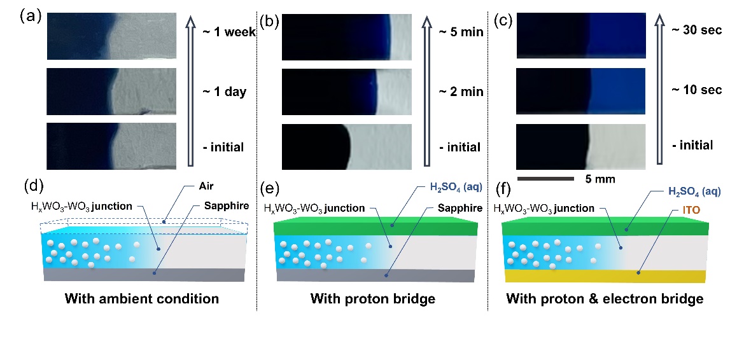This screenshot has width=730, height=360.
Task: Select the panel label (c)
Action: click(x=502, y=20)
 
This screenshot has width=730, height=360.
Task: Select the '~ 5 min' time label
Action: click(x=461, y=31)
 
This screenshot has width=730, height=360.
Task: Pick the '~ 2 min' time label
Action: click(x=461, y=92)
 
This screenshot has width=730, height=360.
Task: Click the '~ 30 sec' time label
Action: click(x=697, y=30)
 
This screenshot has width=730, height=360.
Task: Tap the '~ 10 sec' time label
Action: click(x=697, y=90)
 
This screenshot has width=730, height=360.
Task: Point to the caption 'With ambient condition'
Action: click(x=146, y=298)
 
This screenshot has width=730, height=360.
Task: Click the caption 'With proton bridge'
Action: click(x=373, y=298)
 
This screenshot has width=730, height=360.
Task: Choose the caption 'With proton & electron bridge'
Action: click(x=605, y=298)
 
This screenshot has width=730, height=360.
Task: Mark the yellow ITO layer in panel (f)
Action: click(x=605, y=276)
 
